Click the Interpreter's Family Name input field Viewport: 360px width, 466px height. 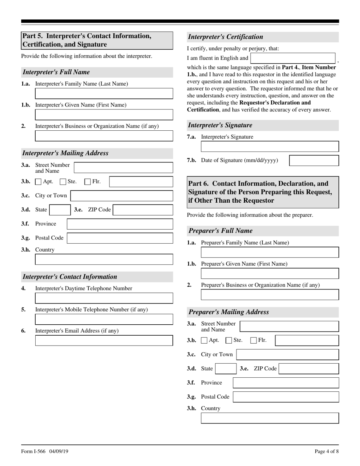(104, 94)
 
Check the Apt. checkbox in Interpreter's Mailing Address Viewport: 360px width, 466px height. (38, 182)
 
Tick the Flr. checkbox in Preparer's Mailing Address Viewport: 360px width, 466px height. (254, 341)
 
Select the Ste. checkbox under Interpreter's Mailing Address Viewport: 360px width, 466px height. (63, 182)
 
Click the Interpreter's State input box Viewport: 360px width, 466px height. (60, 210)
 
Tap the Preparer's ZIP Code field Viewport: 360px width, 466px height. (308, 369)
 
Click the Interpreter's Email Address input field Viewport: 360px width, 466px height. (104, 340)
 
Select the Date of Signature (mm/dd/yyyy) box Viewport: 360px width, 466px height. (314, 161)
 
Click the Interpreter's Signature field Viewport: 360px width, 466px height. (270, 147)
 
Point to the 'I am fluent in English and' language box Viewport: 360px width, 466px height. (293, 58)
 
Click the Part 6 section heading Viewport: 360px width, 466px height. (263, 192)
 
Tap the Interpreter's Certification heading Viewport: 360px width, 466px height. (225, 37)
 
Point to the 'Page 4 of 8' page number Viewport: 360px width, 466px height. (326, 451)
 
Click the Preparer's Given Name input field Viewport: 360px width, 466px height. (270, 274)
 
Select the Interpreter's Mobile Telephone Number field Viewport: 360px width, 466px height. (104, 319)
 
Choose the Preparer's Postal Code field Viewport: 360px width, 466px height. (286, 397)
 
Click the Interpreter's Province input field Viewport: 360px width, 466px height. (120, 224)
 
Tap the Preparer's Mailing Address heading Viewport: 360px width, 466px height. (229, 312)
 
